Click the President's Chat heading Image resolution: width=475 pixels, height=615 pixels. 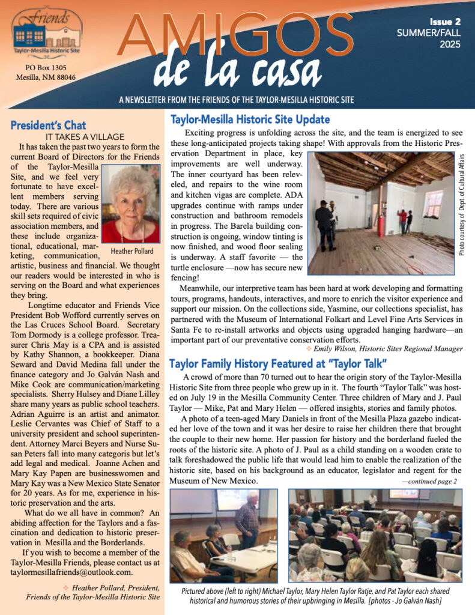coord(48,126)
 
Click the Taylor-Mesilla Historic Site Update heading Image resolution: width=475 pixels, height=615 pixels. coord(250,119)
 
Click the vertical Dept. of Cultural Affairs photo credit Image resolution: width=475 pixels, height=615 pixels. coord(462,204)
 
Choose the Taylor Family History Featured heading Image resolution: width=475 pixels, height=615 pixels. coord(280,363)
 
